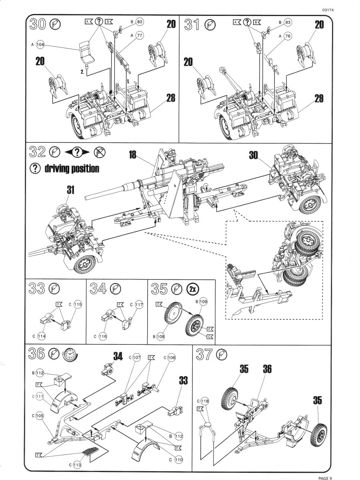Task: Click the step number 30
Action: (38, 24)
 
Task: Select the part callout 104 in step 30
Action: (40, 45)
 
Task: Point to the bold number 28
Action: (171, 98)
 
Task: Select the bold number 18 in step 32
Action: (133, 154)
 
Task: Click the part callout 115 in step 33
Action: (77, 304)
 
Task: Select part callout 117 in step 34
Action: (138, 304)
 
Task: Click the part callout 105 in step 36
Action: (40, 416)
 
